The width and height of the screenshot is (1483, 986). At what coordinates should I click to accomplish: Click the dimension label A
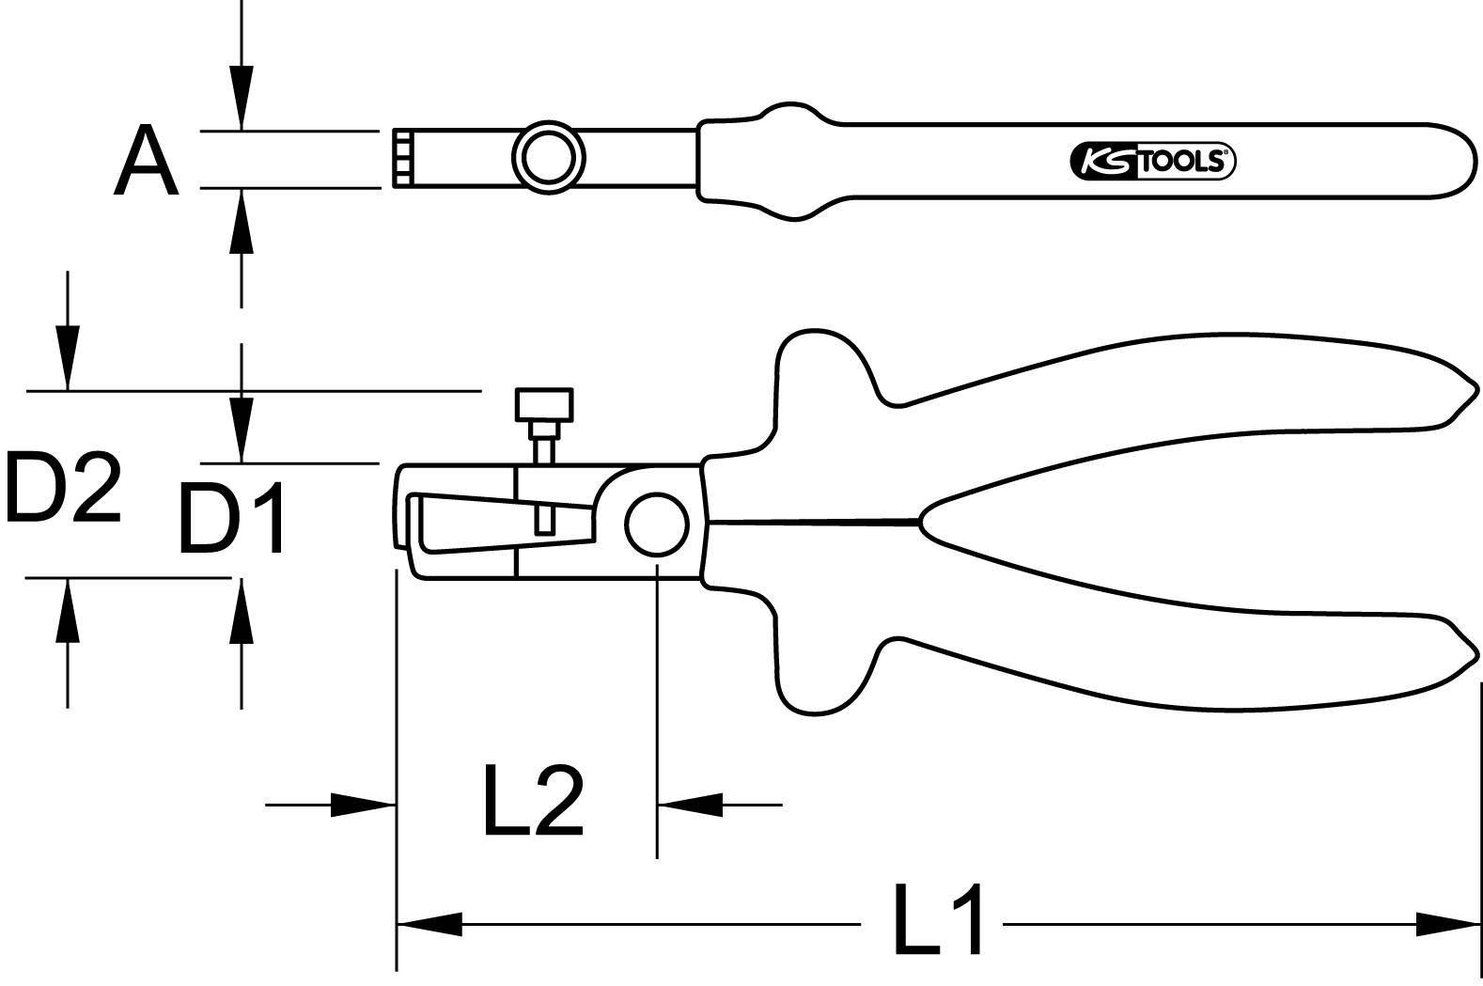pyautogui.click(x=147, y=161)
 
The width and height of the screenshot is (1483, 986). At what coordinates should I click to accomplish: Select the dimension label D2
pyautogui.click(x=62, y=487)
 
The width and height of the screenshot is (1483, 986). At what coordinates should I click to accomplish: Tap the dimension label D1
pyautogui.click(x=232, y=518)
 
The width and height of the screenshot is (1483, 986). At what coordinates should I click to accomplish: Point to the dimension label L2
pyautogui.click(x=533, y=801)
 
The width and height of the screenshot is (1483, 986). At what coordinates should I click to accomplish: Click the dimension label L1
pyautogui.click(x=937, y=918)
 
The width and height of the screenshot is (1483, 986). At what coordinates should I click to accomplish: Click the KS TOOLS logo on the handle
pyautogui.click(x=1152, y=162)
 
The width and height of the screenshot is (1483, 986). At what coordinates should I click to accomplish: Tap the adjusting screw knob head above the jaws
pyautogui.click(x=544, y=405)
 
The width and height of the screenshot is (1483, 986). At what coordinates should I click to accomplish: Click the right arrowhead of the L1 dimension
pyautogui.click(x=1447, y=924)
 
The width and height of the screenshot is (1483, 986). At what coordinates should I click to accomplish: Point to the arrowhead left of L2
pyautogui.click(x=363, y=805)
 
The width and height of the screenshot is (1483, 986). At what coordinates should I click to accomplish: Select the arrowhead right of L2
pyautogui.click(x=690, y=805)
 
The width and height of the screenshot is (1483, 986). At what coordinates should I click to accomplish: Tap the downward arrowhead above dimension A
pyautogui.click(x=242, y=98)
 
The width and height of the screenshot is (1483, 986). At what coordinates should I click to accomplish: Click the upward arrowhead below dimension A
pyautogui.click(x=242, y=220)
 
